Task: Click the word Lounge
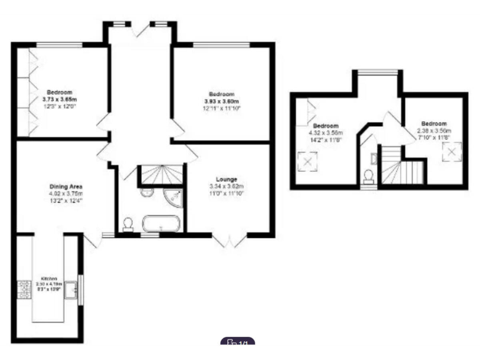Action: coord(226,179)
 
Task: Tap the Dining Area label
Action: coord(66,186)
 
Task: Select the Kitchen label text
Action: coord(49,278)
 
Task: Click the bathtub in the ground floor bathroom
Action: coord(161,222)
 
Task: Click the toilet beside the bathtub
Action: coord(129,224)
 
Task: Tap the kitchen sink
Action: coord(74,289)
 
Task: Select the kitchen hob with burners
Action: coord(25,288)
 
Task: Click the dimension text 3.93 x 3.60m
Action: coord(222,101)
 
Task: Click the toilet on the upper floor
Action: coord(369,177)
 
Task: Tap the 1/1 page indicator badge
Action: coord(238,342)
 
